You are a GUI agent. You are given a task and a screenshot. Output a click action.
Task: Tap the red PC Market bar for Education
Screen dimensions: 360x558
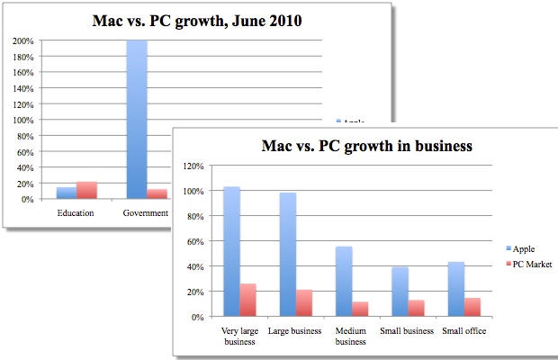[x=87, y=190]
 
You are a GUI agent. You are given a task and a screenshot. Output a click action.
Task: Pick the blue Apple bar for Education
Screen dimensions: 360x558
[x=67, y=193]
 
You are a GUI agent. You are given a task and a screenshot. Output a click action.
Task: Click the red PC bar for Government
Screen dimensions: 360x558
[x=156, y=193]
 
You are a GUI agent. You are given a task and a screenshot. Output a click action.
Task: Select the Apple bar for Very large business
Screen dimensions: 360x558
[x=231, y=252]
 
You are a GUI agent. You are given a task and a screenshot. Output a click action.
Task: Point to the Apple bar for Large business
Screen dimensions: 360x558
[x=287, y=255]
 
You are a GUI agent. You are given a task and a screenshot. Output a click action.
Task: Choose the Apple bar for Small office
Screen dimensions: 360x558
[x=454, y=289]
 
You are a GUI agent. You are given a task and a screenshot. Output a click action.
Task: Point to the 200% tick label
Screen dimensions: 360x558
[x=22, y=40]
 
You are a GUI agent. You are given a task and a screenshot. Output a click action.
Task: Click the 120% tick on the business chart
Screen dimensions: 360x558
[x=193, y=166]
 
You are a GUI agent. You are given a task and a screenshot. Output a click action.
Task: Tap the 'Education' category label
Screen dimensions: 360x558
[x=76, y=213]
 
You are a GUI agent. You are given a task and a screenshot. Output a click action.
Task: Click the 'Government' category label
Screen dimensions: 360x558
[x=146, y=213]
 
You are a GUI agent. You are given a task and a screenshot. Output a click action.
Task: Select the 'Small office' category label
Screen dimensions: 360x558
[x=463, y=329]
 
